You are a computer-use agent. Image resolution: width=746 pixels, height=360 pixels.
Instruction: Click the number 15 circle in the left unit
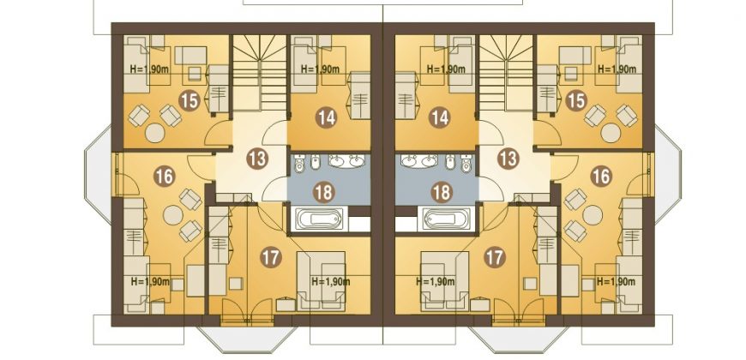(x=189, y=101)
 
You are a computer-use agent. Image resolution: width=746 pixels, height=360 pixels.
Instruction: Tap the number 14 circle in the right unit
(x=439, y=117)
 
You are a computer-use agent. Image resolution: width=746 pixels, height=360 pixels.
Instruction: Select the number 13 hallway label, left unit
(x=257, y=159)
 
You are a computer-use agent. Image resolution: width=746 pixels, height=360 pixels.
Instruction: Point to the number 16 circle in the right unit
(x=600, y=177)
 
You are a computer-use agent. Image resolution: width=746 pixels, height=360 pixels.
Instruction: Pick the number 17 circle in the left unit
(x=271, y=257)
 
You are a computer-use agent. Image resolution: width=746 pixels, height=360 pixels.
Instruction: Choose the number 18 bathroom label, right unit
(x=441, y=193)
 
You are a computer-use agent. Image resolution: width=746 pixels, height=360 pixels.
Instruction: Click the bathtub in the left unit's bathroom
(x=318, y=219)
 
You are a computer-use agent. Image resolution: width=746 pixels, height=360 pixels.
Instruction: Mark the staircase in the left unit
(x=259, y=73)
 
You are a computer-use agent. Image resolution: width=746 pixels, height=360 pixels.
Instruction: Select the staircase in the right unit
(x=506, y=73)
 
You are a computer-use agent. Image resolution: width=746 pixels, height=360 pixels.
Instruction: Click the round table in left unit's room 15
(x=155, y=133)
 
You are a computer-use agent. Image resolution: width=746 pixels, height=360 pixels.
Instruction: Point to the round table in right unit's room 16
(x=593, y=215)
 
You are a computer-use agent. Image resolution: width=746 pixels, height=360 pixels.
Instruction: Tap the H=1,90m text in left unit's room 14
(x=320, y=69)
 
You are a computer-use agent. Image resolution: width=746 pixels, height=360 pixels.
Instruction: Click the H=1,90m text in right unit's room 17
(x=436, y=282)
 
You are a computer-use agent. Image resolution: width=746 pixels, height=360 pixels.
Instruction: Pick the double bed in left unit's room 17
(x=321, y=280)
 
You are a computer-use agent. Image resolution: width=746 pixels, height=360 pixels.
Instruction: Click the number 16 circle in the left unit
(x=164, y=177)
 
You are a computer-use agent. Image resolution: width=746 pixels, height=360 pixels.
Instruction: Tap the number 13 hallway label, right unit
(x=508, y=159)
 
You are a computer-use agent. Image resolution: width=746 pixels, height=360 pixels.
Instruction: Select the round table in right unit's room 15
(x=611, y=133)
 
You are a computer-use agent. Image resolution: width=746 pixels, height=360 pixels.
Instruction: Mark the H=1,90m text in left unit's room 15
(x=149, y=69)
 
